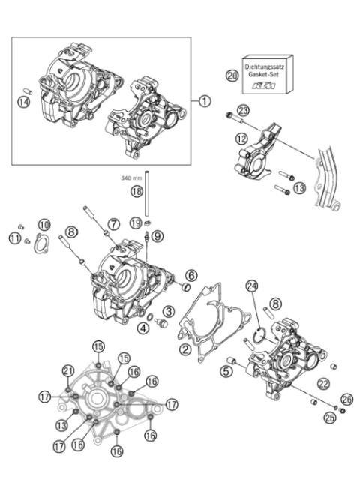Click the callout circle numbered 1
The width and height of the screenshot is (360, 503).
[205, 100]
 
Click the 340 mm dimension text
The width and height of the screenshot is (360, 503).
[131, 178]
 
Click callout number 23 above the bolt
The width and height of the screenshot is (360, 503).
[242, 111]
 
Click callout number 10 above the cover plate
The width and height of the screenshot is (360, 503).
[44, 225]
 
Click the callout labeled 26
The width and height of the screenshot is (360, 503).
[346, 398]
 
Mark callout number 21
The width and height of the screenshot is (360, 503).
[69, 371]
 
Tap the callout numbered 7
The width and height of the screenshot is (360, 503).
[113, 223]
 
